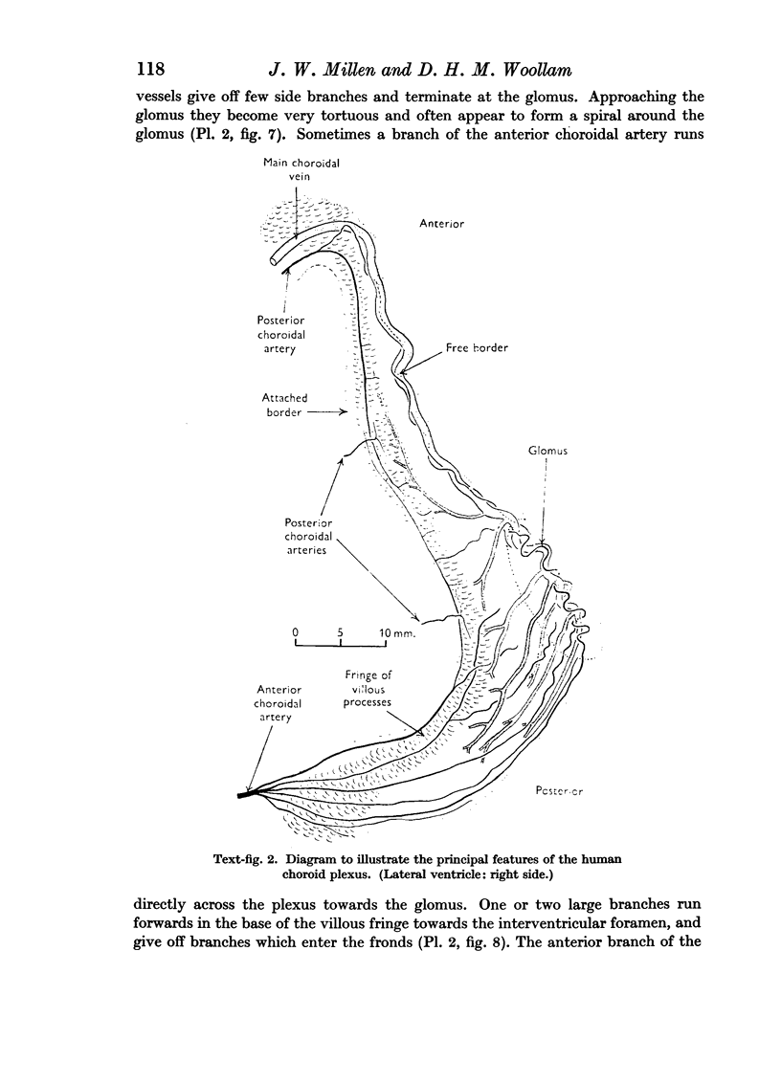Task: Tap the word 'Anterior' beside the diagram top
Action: tap(441, 223)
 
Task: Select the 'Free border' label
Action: tap(477, 348)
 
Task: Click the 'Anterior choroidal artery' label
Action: tap(279, 702)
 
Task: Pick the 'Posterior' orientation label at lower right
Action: tap(560, 792)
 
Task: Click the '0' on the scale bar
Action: tap(297, 632)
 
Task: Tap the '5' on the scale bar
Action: tap(342, 632)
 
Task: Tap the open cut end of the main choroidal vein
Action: tap(276, 259)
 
